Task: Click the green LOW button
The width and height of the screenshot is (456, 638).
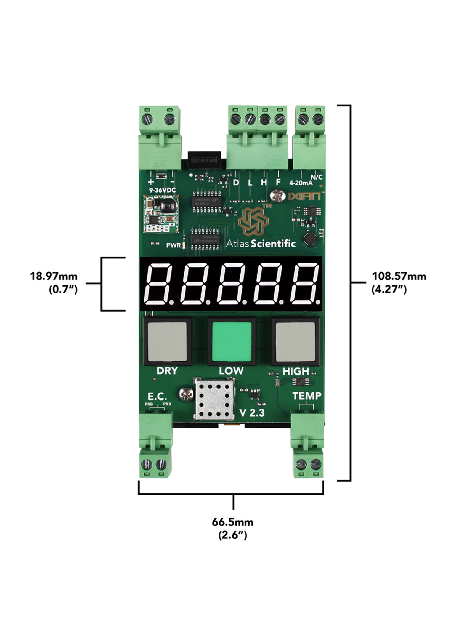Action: pos(232,341)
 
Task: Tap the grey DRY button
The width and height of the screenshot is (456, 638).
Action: pos(167,341)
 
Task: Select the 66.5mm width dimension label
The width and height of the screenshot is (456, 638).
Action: pos(232,528)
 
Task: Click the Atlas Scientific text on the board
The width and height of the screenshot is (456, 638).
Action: pos(261,244)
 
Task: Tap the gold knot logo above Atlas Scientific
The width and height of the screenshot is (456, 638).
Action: pos(253,221)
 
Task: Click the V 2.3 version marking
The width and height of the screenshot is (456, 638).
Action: pos(252,413)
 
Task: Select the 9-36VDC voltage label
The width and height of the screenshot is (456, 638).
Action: pos(162,190)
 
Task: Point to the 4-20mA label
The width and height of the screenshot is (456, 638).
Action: pos(301,183)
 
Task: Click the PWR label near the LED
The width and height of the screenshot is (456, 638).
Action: pos(173,245)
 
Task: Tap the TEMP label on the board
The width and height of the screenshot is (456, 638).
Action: pos(307,396)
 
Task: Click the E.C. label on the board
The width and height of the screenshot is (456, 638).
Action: pos(157,397)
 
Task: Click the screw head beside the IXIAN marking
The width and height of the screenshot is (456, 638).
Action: pos(277,196)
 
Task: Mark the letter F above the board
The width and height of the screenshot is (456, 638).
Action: pos(278,182)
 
